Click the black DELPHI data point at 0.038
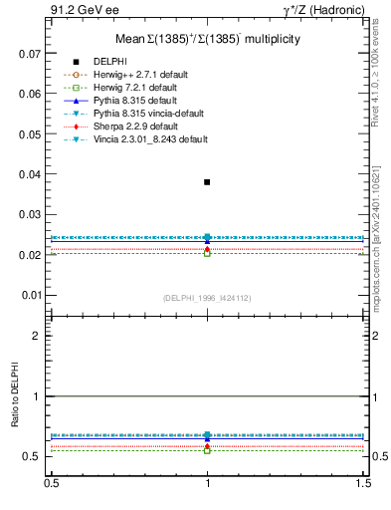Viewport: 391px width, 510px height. [x=207, y=182]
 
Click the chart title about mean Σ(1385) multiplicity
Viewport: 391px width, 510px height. [x=207, y=39]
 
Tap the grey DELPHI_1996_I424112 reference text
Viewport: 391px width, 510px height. [x=207, y=298]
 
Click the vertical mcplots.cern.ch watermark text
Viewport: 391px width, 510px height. [x=378, y=239]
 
